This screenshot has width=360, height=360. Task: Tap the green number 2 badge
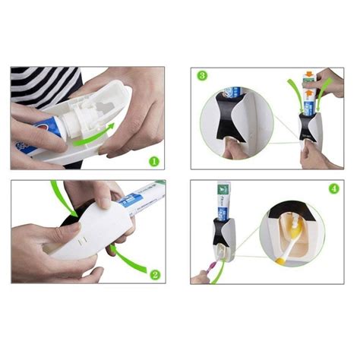tap(155, 275)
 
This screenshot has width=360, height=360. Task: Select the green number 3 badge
tap(202, 75)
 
